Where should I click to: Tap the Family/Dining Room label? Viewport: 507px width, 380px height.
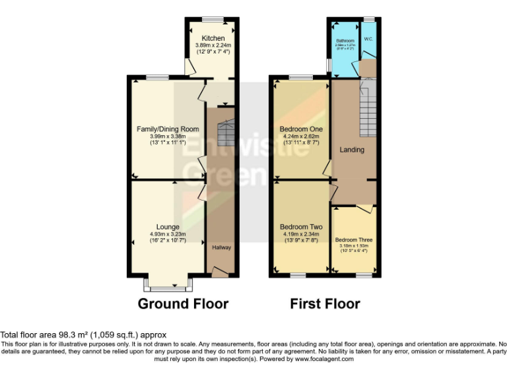point(168,129)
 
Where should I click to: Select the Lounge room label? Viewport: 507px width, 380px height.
point(168,227)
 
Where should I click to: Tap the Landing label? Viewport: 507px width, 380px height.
point(352,150)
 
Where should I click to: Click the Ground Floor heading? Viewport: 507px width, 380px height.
point(183,304)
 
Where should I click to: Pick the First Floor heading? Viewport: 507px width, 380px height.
point(325,304)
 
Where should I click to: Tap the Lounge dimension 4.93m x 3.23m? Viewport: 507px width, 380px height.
point(168,234)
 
